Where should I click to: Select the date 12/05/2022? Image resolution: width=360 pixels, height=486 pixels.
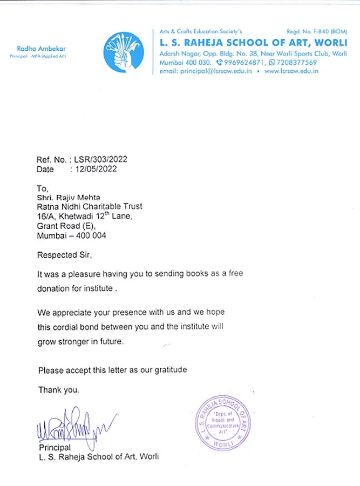[x=96, y=169]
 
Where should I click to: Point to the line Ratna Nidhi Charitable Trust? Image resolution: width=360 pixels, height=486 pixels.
[x=90, y=207]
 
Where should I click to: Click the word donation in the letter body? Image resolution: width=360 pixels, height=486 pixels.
[x=53, y=288]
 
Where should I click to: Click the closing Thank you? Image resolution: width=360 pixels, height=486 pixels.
[x=58, y=389]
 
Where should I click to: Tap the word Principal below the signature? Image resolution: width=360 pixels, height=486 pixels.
[x=55, y=448]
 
